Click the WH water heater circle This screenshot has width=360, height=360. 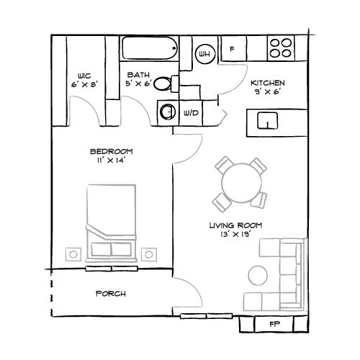click(x=204, y=53)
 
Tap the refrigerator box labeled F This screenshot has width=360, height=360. click(x=232, y=50)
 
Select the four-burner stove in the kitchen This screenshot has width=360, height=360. click(x=280, y=48)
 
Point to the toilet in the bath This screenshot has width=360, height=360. click(x=166, y=84)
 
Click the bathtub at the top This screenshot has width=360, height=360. click(x=149, y=50)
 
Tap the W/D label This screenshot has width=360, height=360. click(x=192, y=113)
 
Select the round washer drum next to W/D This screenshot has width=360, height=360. click(x=168, y=112)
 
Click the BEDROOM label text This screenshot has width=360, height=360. click(x=111, y=150)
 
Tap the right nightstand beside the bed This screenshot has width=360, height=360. click(x=149, y=253)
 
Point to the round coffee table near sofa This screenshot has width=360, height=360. click(x=258, y=275)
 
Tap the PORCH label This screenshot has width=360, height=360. click(x=111, y=294)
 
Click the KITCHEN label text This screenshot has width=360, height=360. click(x=267, y=83)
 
